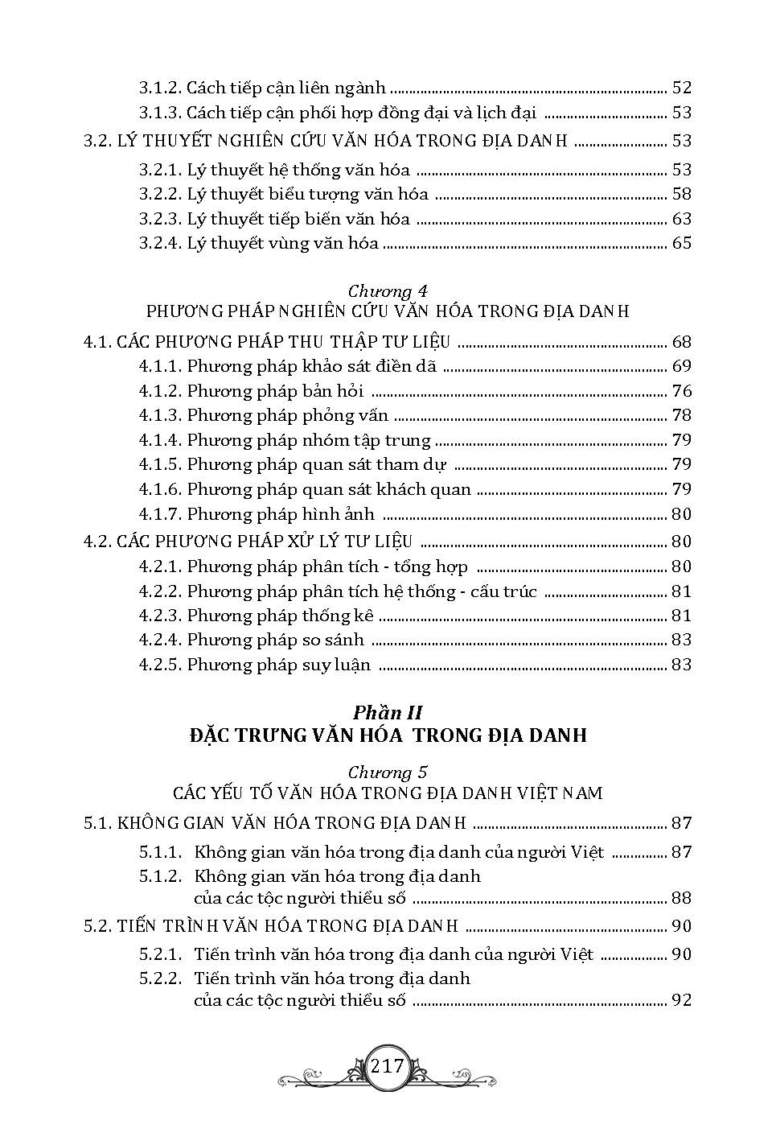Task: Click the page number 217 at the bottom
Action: [x=388, y=1066]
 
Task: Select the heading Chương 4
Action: [x=388, y=291]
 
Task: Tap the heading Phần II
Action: [x=388, y=712]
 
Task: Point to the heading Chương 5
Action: [x=388, y=772]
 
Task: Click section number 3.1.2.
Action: [x=159, y=88]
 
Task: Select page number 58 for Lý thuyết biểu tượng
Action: [x=681, y=194]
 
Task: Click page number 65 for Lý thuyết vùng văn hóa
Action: [x=681, y=243]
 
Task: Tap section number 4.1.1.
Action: [x=159, y=366]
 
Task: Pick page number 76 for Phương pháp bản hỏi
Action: [x=681, y=391]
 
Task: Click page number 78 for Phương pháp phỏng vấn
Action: [x=681, y=415]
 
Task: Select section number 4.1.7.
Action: [x=159, y=513]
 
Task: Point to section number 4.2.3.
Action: [x=159, y=616]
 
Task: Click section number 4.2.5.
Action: [x=159, y=665]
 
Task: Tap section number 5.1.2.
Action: [x=159, y=875]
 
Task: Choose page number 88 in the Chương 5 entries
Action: [x=681, y=898]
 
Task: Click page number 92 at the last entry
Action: [x=681, y=1001]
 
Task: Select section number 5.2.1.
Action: [x=159, y=954]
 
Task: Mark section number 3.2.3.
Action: [x=159, y=219]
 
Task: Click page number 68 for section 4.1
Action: [x=681, y=342]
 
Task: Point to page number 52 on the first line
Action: [x=681, y=88]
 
